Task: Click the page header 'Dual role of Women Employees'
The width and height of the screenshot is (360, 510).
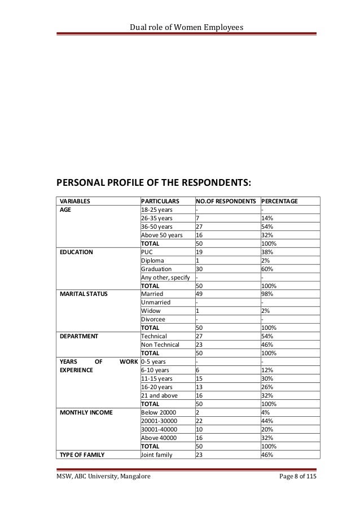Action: [x=179, y=11]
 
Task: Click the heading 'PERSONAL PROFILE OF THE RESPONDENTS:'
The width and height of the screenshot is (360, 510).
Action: [x=152, y=182]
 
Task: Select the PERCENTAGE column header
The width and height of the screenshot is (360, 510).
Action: [x=280, y=200]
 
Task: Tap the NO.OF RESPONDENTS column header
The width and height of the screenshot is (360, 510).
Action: [x=226, y=200]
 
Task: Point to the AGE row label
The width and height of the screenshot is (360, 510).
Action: [x=65, y=209]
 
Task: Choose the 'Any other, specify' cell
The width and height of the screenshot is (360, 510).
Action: [x=166, y=277]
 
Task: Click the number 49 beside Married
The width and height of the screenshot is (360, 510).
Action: [x=199, y=294]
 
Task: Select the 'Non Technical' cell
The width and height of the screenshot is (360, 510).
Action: [x=160, y=345]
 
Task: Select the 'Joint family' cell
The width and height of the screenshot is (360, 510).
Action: [x=159, y=455]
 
